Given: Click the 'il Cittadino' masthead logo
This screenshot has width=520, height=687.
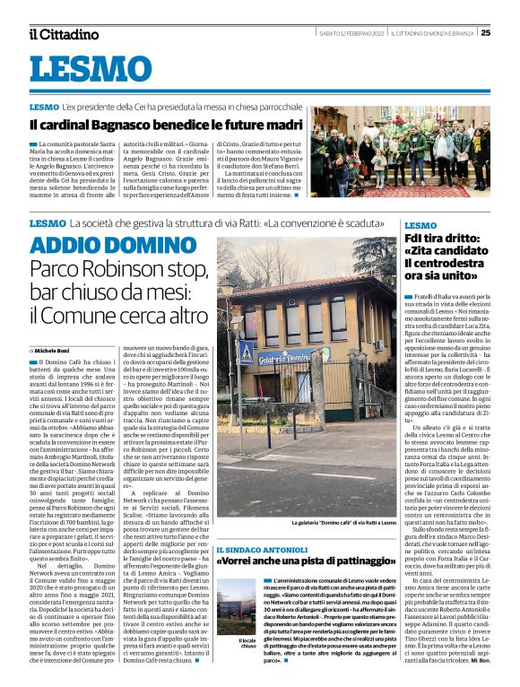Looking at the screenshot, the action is [63, 34].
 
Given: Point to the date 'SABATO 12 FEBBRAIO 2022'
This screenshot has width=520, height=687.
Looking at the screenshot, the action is [352, 33].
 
